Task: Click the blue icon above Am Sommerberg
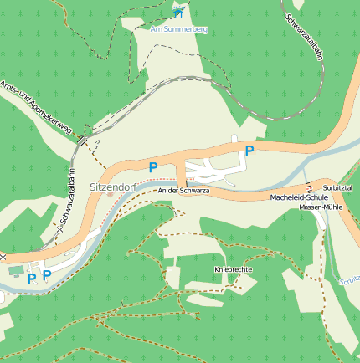tap(178, 11)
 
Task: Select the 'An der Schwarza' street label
tap(183, 192)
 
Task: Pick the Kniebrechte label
tap(234, 270)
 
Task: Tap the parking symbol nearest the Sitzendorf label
tap(152, 167)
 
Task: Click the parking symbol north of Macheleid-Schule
tap(249, 151)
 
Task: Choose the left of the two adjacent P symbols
tap(32, 278)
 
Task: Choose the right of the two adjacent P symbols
tap(47, 274)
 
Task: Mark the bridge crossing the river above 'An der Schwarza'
tap(180, 182)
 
